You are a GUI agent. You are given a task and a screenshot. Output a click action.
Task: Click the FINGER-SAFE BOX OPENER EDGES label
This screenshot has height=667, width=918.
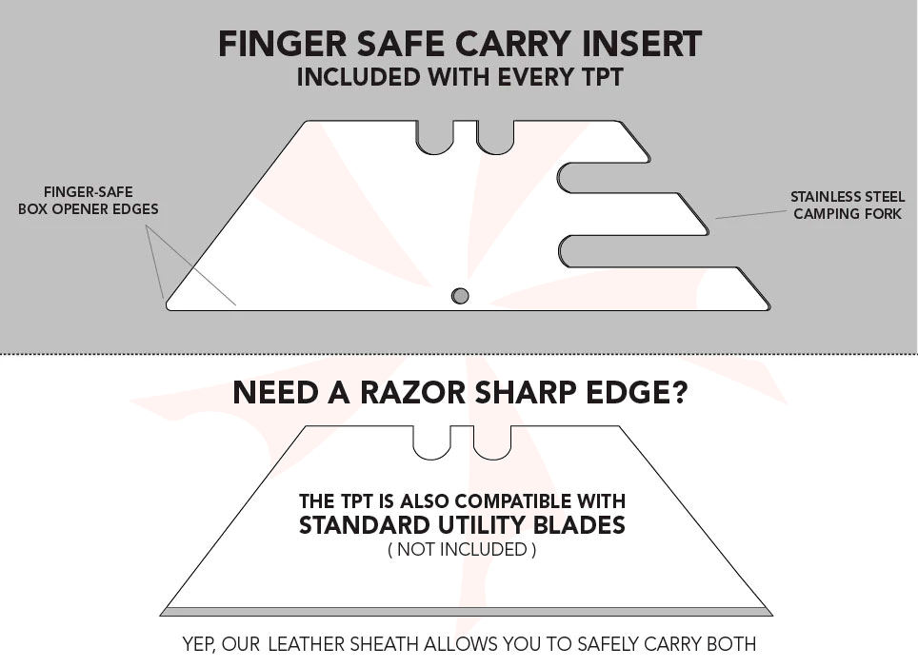click(88, 201)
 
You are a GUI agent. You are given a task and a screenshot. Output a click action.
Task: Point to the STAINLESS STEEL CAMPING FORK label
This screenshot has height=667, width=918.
click(847, 206)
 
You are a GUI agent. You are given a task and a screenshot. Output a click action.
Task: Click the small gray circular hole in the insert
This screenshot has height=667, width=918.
click(460, 296)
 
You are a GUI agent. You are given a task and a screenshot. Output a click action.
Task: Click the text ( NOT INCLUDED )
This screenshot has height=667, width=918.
click(462, 549)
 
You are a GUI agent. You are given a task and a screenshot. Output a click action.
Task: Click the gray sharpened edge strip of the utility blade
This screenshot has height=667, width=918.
click(466, 611)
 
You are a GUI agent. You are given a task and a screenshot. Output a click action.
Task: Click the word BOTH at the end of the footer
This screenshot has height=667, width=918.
click(729, 644)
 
